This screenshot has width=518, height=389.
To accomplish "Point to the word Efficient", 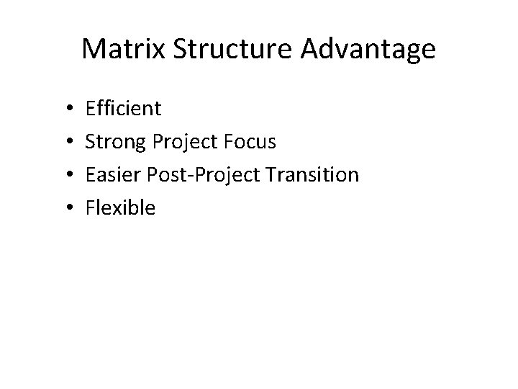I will click(x=124, y=109).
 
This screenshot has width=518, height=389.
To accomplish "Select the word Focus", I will click(x=250, y=142).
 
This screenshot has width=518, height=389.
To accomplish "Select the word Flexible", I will click(x=120, y=208).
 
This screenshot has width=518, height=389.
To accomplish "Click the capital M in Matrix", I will click(x=94, y=50).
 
